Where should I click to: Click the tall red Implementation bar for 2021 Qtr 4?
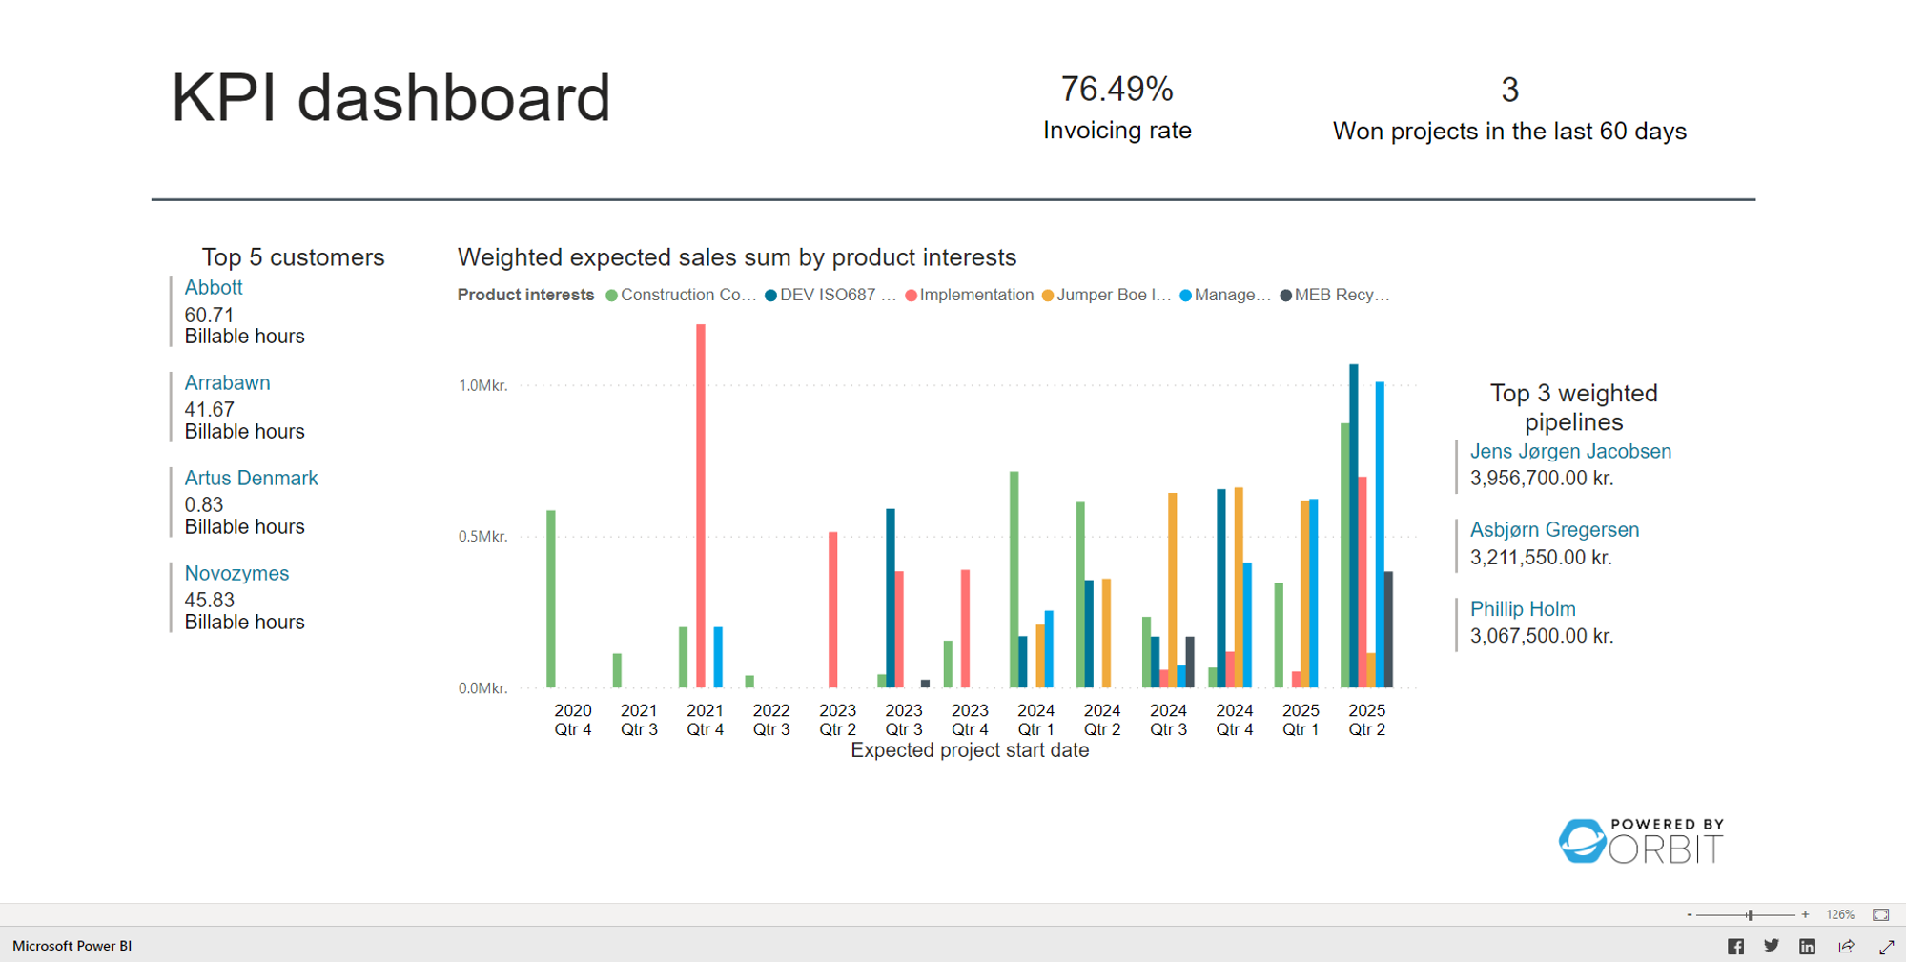701,505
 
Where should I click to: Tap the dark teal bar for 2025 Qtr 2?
1354,525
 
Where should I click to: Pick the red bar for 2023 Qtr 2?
833,609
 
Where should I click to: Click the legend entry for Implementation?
975,295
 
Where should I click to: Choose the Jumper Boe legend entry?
1112,295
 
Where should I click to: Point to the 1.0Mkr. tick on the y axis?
482,385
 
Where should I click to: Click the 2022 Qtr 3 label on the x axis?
771,720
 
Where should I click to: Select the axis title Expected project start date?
969,750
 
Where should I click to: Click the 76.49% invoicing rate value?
1117,90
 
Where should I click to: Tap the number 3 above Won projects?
1509,91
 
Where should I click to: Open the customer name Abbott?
214,287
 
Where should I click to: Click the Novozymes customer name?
236,573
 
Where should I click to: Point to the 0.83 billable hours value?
204,504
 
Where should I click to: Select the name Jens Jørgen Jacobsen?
1570,451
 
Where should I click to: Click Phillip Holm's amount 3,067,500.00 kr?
1541,636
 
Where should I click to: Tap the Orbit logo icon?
1582,841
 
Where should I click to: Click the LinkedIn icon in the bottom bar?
1807,946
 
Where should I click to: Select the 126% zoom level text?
1839,914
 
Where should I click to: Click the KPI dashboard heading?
390,98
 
